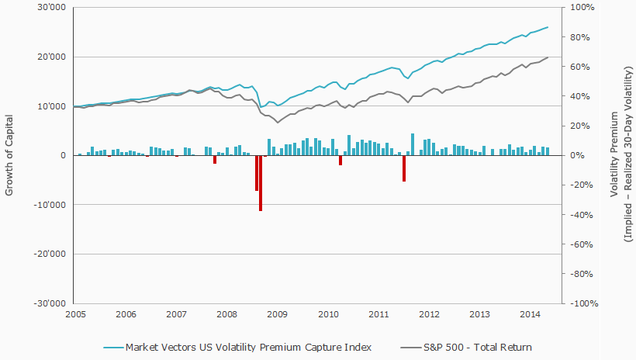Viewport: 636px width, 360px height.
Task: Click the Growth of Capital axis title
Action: pyautogui.click(x=10, y=155)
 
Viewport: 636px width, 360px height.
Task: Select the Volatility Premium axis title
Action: pyautogui.click(x=614, y=155)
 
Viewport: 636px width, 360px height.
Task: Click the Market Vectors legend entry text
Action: pyautogui.click(x=248, y=347)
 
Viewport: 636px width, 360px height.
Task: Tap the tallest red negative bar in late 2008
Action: pyautogui.click(x=261, y=183)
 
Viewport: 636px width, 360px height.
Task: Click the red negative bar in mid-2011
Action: pyautogui.click(x=404, y=168)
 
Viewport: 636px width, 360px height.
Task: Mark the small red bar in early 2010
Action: pyautogui.click(x=340, y=160)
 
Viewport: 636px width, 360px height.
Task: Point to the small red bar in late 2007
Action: pyautogui.click(x=215, y=159)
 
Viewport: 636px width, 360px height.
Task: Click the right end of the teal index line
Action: pyautogui.click(x=548, y=27)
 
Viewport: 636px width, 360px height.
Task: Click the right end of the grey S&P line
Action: pyautogui.click(x=548, y=57)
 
